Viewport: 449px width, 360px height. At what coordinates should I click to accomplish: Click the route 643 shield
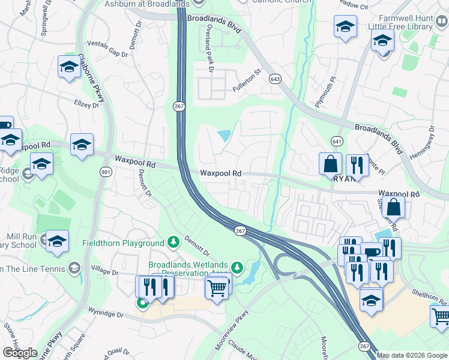(x=276, y=79)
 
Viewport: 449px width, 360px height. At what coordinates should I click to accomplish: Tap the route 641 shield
(x=336, y=140)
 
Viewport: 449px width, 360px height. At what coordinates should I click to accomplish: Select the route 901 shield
(x=106, y=172)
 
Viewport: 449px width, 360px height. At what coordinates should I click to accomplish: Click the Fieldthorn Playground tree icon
(x=173, y=243)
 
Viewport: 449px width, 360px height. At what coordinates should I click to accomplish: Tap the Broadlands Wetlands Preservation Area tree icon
(x=238, y=266)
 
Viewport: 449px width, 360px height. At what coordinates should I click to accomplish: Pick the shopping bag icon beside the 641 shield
(x=330, y=163)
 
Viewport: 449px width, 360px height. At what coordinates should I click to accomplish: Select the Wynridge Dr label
(x=106, y=314)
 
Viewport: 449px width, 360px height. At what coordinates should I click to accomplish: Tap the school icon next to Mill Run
(x=58, y=241)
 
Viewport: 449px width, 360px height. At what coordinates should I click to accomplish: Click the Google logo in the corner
(x=19, y=353)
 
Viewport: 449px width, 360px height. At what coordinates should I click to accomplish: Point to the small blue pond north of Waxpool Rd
(x=223, y=136)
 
